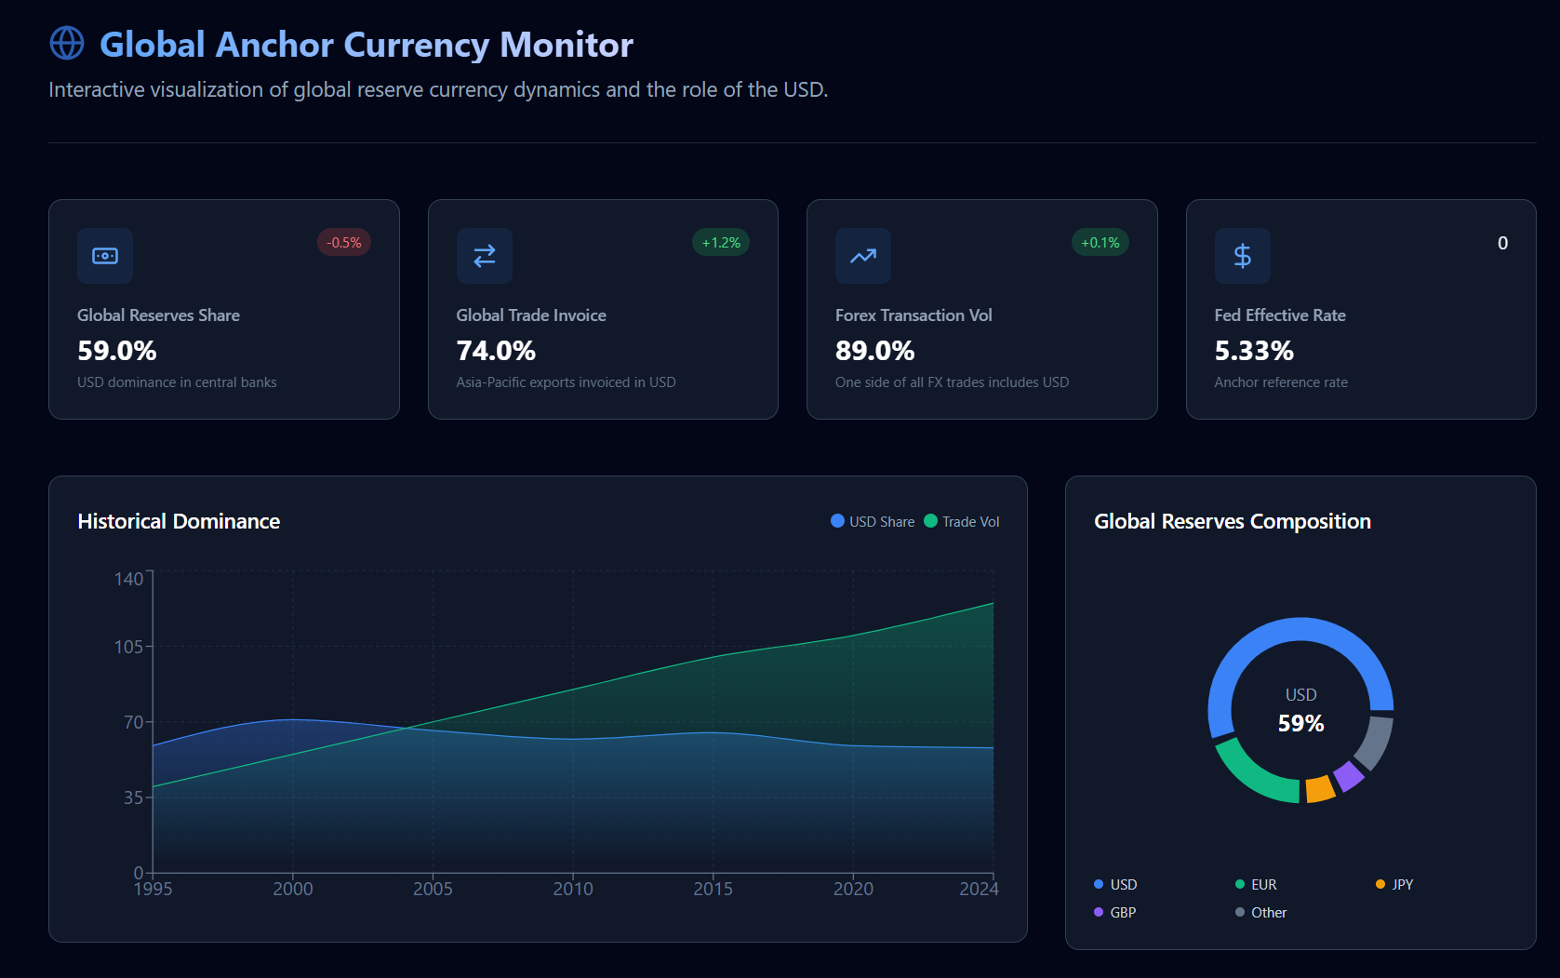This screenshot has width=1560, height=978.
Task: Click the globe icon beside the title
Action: tap(67, 43)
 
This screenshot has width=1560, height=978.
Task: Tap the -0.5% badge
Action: tap(344, 243)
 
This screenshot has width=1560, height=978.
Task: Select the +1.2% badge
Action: tap(721, 243)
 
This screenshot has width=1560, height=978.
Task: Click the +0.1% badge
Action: tap(1100, 243)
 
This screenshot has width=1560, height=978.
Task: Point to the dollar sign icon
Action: tap(1242, 256)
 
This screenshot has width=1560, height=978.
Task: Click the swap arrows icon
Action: tap(485, 256)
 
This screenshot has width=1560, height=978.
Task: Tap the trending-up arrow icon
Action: tap(863, 256)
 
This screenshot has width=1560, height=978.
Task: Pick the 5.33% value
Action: tap(1254, 351)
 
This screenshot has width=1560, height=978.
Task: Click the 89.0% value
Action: tap(874, 351)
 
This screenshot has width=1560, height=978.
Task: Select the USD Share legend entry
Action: tap(873, 522)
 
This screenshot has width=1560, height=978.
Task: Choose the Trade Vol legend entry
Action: tap(962, 522)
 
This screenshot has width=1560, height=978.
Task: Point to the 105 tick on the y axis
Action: tap(128, 647)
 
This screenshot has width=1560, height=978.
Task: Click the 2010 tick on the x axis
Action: tap(573, 889)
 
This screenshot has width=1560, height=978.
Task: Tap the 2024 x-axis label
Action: tap(979, 889)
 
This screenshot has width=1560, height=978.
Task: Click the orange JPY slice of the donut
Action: tap(1320, 789)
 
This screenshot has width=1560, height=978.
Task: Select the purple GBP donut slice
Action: tap(1348, 776)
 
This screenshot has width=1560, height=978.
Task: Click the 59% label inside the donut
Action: tap(1300, 723)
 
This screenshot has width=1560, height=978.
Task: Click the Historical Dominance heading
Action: tap(179, 521)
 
